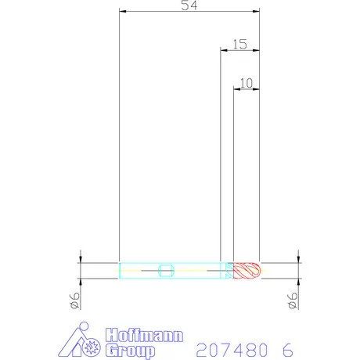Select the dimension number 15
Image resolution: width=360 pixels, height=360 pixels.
(239, 45)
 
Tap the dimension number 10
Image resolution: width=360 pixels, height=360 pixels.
(247, 82)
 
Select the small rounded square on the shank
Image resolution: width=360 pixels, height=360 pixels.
(164, 271)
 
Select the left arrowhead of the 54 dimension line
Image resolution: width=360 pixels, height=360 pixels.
(122, 12)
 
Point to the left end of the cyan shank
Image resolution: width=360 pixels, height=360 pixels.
(119, 271)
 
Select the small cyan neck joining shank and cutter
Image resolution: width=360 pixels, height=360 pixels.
(229, 271)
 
